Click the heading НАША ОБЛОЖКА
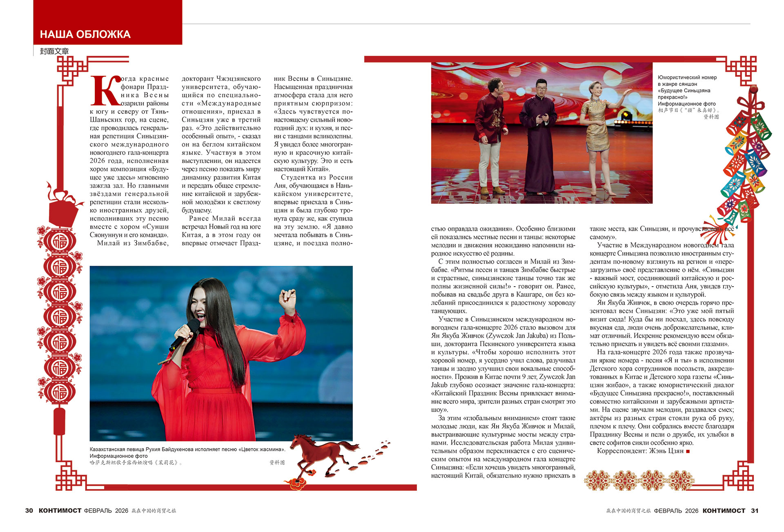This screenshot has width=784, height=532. coord(85,34)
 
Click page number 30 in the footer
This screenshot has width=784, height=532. coord(29,511)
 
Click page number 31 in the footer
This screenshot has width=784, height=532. coord(755,511)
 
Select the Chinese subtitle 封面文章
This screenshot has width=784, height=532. coord(54,51)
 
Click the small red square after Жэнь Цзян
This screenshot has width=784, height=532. coord(688,451)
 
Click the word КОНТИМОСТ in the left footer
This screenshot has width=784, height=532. coord(60,511)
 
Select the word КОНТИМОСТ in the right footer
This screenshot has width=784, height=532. coord(724,511)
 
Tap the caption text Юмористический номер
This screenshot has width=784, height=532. coord(687,78)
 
